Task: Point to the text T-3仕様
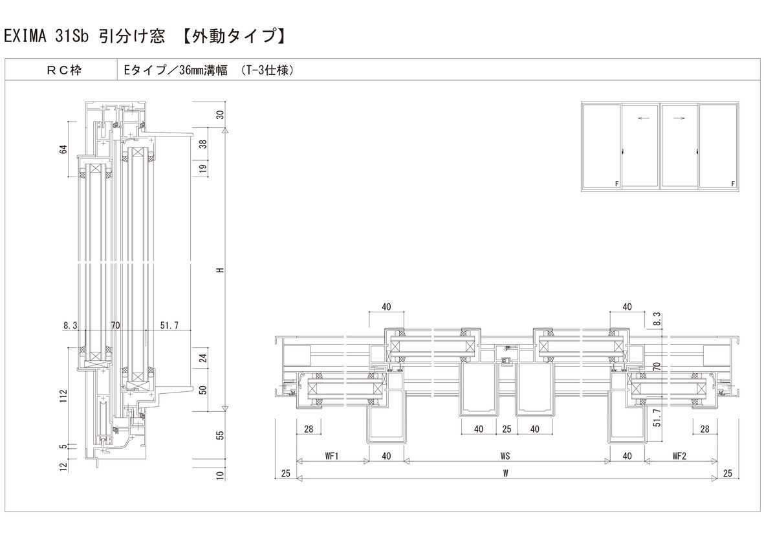[267, 70]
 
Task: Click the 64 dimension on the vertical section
[63, 149]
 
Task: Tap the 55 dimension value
[219, 435]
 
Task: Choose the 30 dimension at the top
[219, 115]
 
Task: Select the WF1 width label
[333, 456]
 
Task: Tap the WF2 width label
[679, 456]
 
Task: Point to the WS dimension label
[505, 456]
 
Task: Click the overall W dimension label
[505, 473]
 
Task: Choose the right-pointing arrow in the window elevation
[679, 118]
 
